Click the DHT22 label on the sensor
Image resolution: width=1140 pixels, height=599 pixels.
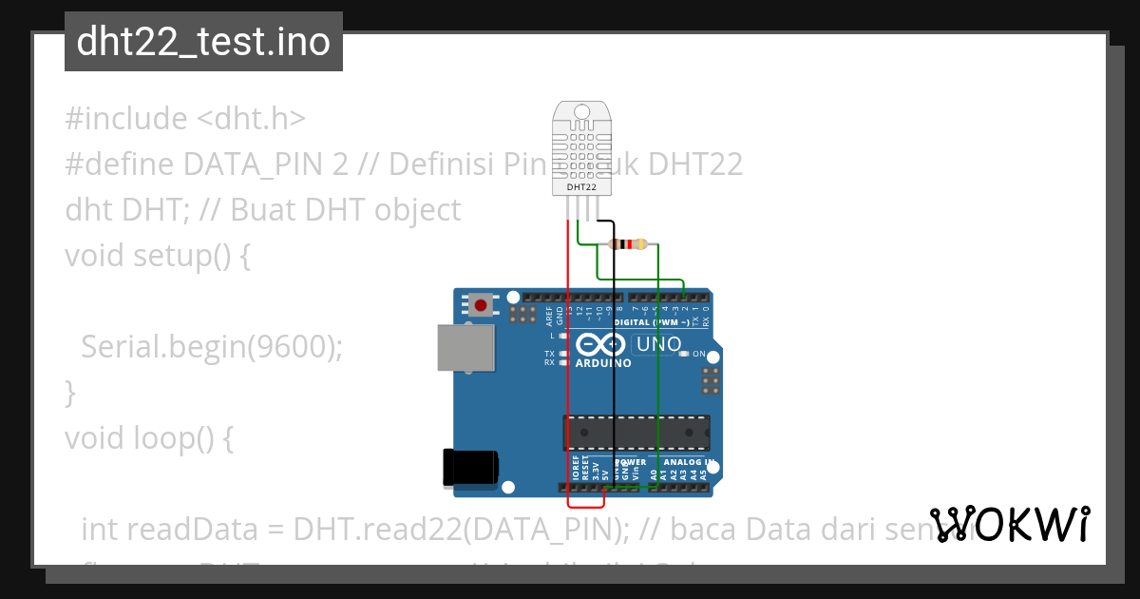point(581,187)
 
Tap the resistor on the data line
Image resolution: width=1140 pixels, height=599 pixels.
point(627,244)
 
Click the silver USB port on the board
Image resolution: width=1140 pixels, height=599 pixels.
point(465,347)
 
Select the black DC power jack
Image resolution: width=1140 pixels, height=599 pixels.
point(469,468)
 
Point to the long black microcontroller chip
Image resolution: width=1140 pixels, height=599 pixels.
point(636,432)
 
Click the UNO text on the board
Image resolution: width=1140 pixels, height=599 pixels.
point(657,344)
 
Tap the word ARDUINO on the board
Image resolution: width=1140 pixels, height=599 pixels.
point(603,363)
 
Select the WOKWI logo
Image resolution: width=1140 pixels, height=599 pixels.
point(1010,524)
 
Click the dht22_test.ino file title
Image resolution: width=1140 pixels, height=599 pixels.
point(203,42)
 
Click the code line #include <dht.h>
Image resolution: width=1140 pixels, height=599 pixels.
point(185,119)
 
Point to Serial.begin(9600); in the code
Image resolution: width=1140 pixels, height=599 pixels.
point(211,347)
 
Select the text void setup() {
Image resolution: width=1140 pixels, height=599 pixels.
point(158,256)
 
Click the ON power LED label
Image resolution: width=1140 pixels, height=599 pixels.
point(699,354)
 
